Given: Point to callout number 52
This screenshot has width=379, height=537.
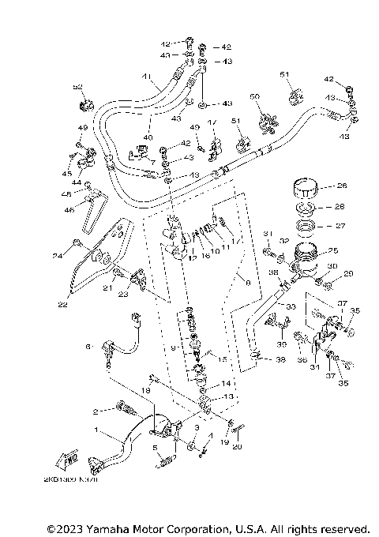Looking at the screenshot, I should point(77,88).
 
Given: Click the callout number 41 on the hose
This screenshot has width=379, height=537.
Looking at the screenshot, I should point(145,77).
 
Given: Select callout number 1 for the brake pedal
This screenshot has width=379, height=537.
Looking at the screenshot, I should point(96,432).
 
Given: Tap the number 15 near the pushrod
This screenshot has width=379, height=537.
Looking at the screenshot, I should point(223,360).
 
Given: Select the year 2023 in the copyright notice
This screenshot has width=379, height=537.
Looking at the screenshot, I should point(69,528).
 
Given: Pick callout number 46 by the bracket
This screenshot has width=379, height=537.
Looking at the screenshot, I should point(69,210).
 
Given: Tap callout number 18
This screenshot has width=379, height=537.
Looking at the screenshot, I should point(144,389).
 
